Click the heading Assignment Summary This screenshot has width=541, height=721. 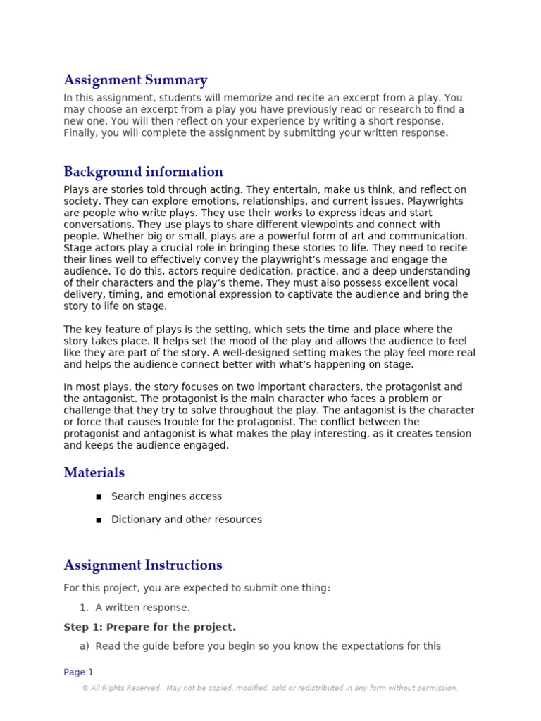tap(135, 80)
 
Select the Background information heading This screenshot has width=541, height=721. tap(143, 172)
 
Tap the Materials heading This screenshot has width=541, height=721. tap(94, 472)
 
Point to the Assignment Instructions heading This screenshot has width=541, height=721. tap(142, 565)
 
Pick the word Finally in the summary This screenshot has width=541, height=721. tap(82, 133)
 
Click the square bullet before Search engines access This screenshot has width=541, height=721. tap(98, 497)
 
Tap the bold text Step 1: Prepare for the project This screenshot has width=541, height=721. tap(149, 627)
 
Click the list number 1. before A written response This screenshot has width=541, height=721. tap(84, 608)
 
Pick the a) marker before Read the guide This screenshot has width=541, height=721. tap(85, 646)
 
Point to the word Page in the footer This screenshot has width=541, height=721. tap(74, 672)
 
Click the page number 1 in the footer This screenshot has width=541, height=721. tap(91, 672)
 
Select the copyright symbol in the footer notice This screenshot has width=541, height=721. tap(85, 689)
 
